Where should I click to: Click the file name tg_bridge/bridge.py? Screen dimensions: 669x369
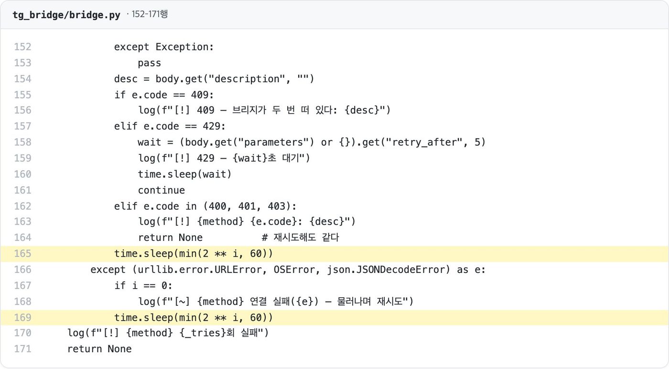[x=66, y=15]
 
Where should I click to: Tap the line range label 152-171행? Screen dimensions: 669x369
[x=150, y=14]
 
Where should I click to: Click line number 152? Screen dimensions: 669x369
[x=23, y=47]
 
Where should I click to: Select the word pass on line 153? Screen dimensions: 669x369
[x=149, y=63]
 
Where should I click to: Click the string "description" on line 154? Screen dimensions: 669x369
[x=247, y=79]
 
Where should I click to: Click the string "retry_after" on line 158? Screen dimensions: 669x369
[x=424, y=142]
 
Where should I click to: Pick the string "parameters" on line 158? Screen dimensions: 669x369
[x=273, y=142]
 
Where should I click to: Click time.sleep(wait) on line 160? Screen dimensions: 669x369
[x=184, y=174]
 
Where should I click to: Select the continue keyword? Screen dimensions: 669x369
[x=162, y=190]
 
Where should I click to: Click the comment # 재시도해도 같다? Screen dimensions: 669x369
[x=301, y=238]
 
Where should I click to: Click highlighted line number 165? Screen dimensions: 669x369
[x=23, y=254]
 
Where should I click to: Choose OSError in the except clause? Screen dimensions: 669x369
[x=294, y=270]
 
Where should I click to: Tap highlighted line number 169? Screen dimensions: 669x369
[x=23, y=317]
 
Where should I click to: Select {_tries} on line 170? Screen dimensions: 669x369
[x=203, y=333]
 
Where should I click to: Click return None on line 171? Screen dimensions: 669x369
[x=99, y=349]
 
